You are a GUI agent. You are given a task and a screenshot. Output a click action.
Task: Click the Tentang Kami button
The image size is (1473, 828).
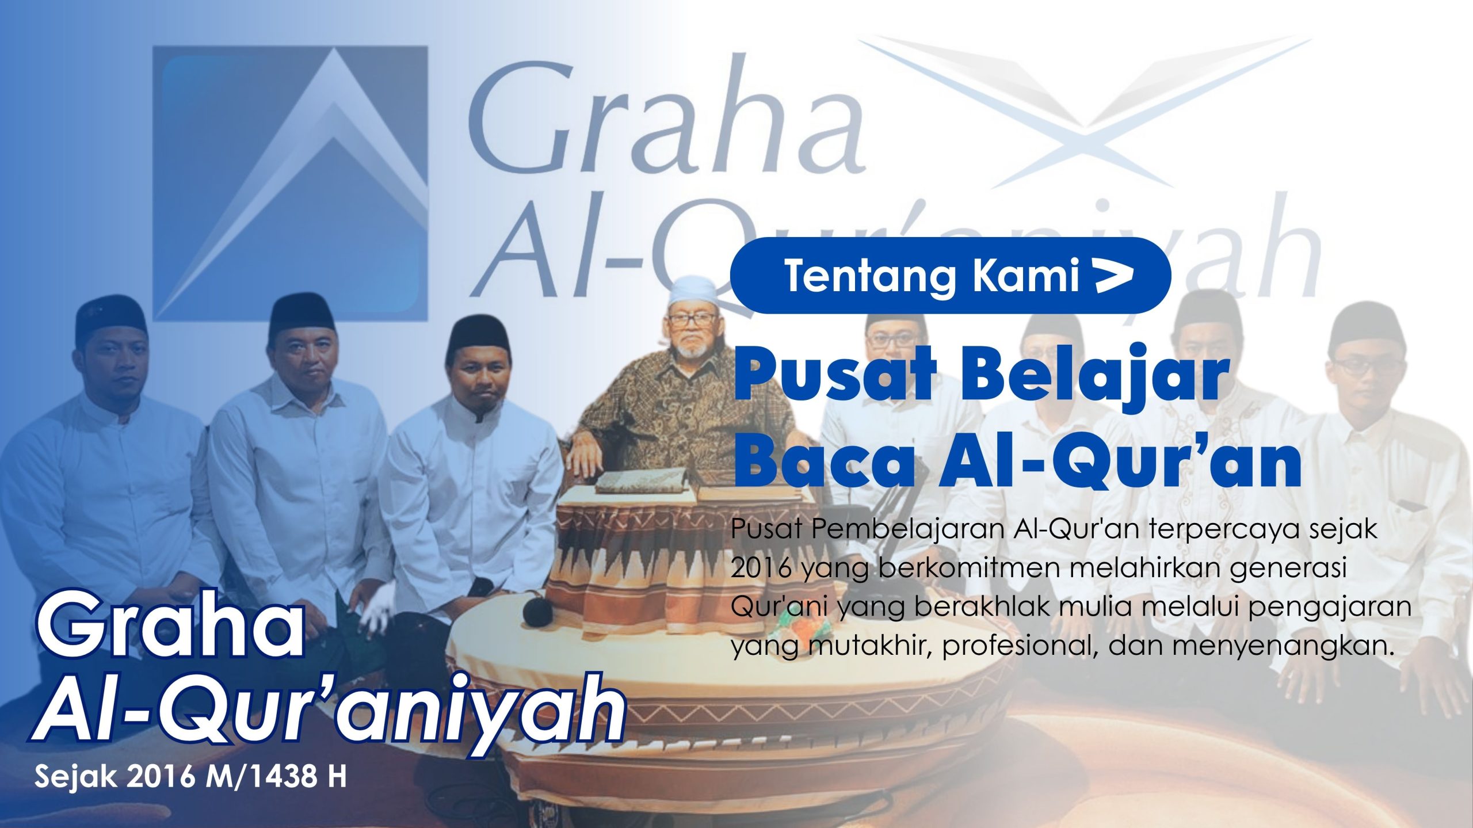click(951, 276)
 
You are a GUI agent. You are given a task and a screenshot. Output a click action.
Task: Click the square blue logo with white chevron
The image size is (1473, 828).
click(291, 183)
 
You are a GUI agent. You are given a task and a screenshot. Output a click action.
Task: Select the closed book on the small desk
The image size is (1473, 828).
click(640, 480)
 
